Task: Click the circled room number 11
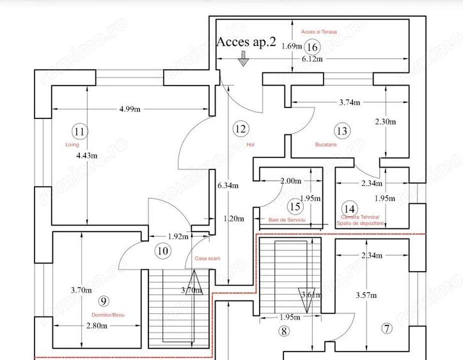[x=80, y=132]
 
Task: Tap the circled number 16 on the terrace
[x=312, y=47]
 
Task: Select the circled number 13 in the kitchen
[x=343, y=131]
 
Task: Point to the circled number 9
[x=105, y=301]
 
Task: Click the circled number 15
[x=295, y=207]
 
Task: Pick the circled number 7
[x=386, y=329]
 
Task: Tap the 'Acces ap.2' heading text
[x=247, y=42]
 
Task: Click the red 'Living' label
[x=72, y=145]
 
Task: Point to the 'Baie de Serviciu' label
[x=287, y=219]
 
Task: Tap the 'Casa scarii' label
[x=207, y=258]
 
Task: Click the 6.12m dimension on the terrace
[x=312, y=59]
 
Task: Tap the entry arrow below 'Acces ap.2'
[x=242, y=59]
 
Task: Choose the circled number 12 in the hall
[x=240, y=129]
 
